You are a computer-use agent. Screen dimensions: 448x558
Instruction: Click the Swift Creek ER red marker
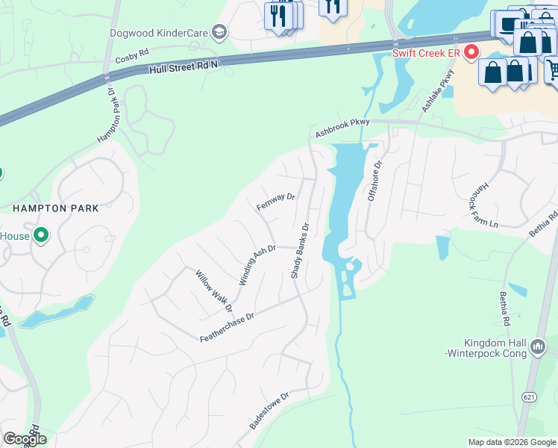point(471,52)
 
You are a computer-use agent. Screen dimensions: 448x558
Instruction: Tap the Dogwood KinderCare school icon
point(219,32)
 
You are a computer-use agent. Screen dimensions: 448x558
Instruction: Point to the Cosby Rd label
point(132,57)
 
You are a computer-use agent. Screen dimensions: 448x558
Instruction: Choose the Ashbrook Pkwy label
point(342,129)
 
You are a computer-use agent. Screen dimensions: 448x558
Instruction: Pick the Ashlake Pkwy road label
point(438,90)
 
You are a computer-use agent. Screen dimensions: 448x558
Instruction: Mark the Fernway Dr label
point(276,202)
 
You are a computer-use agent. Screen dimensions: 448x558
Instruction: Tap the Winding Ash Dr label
point(257,265)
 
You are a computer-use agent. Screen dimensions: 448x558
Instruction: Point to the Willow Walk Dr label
point(214,291)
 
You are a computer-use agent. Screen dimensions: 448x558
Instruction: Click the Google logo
point(25,439)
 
